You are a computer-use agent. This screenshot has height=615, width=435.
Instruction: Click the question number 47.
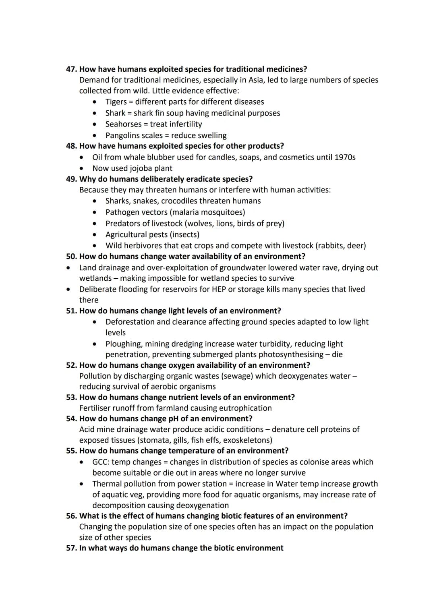click(x=71, y=69)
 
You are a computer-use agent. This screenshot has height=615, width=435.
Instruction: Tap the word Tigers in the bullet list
click(x=116, y=102)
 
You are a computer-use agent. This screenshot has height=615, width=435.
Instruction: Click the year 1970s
click(x=345, y=157)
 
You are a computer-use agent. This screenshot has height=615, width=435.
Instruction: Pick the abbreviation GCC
click(x=100, y=462)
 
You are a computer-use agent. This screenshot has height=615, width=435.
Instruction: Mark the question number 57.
click(x=71, y=548)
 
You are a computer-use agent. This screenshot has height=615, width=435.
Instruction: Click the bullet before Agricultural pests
click(x=95, y=234)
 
